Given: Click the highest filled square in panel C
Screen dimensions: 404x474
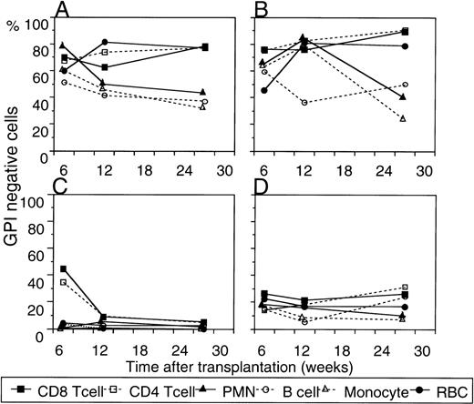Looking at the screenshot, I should click(63, 269).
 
